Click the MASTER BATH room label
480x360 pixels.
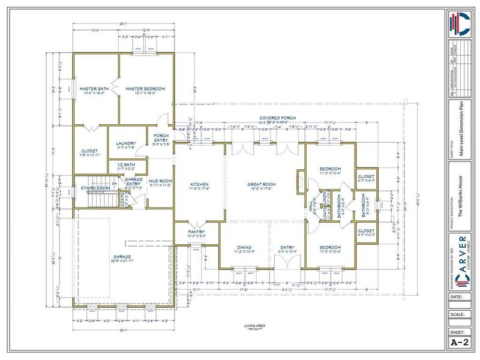point(94,89)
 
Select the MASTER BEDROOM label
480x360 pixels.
point(145,89)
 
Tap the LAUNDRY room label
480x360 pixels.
point(125,143)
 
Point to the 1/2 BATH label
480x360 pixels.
point(125,166)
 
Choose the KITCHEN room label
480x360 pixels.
point(199,184)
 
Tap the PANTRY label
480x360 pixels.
point(196,232)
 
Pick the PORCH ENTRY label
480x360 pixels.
point(161,137)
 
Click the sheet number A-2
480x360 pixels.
point(459,343)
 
